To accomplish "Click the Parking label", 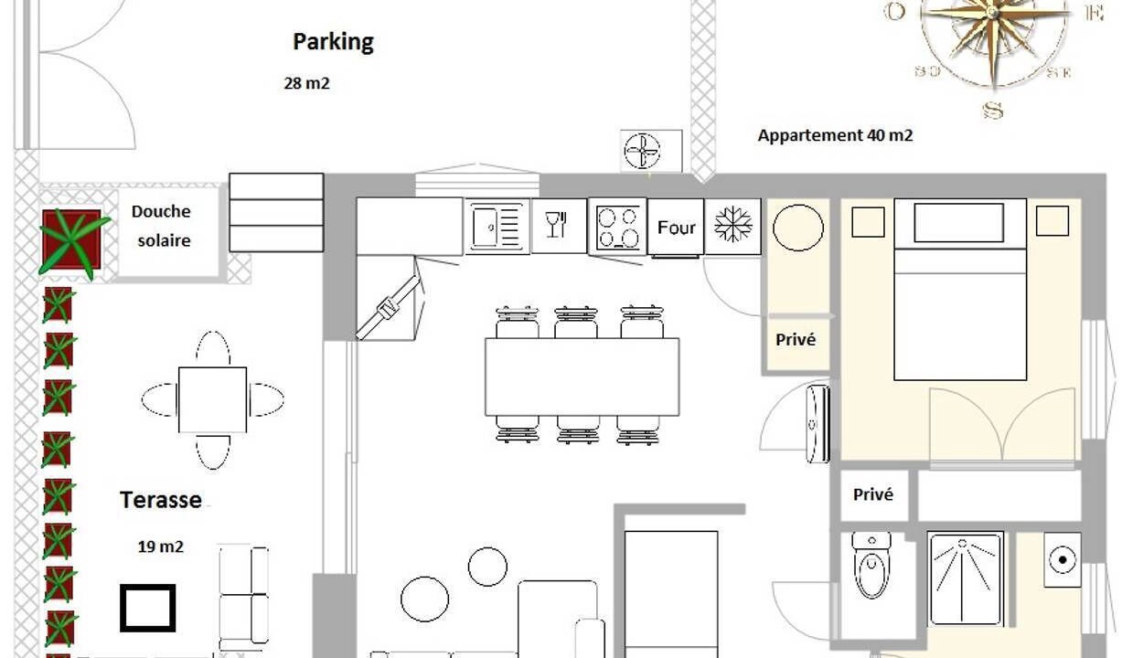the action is (333, 42).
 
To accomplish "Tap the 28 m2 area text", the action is (306, 83).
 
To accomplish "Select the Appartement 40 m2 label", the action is (835, 135).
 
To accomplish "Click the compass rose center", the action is (993, 14).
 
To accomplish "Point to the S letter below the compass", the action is (993, 111).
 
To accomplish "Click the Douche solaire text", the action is (161, 226).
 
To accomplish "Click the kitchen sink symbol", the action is (497, 228).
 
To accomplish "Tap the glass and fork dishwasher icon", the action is (557, 224).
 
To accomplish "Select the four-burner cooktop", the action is (617, 228).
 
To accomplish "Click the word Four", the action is (676, 228).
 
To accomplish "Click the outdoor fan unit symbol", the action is (642, 150).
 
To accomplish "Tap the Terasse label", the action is (161, 500).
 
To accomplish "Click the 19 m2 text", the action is (160, 547).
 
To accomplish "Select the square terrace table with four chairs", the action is (212, 399).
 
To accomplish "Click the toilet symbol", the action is (871, 565).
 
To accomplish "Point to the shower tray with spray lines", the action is (966, 578).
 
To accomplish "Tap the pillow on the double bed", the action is (958, 222).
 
